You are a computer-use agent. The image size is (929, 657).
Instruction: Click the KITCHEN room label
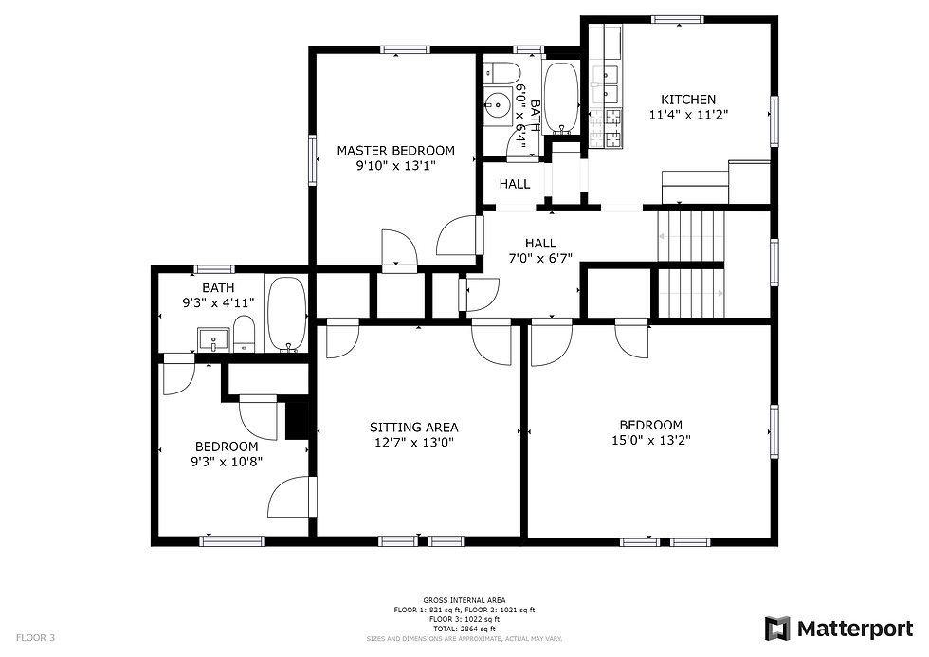(688, 100)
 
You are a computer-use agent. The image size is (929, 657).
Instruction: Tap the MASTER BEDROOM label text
(396, 150)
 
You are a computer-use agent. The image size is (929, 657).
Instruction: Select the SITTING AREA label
(413, 427)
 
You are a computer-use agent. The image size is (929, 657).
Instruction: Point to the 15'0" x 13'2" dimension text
(650, 440)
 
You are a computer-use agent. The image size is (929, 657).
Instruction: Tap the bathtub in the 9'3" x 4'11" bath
(286, 314)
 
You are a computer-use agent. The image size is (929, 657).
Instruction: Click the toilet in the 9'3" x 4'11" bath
(244, 334)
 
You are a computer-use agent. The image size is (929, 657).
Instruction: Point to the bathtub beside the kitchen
(561, 98)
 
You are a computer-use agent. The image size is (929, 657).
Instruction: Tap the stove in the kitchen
(612, 128)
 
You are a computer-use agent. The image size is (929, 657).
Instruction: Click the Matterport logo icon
(777, 628)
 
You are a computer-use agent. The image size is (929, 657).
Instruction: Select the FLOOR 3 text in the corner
(35, 638)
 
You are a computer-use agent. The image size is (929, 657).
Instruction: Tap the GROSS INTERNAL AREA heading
(464, 600)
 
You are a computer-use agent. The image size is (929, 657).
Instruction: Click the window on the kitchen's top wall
(678, 19)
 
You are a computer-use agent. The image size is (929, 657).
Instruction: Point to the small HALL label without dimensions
(515, 184)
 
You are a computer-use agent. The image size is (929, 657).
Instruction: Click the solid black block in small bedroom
(298, 419)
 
